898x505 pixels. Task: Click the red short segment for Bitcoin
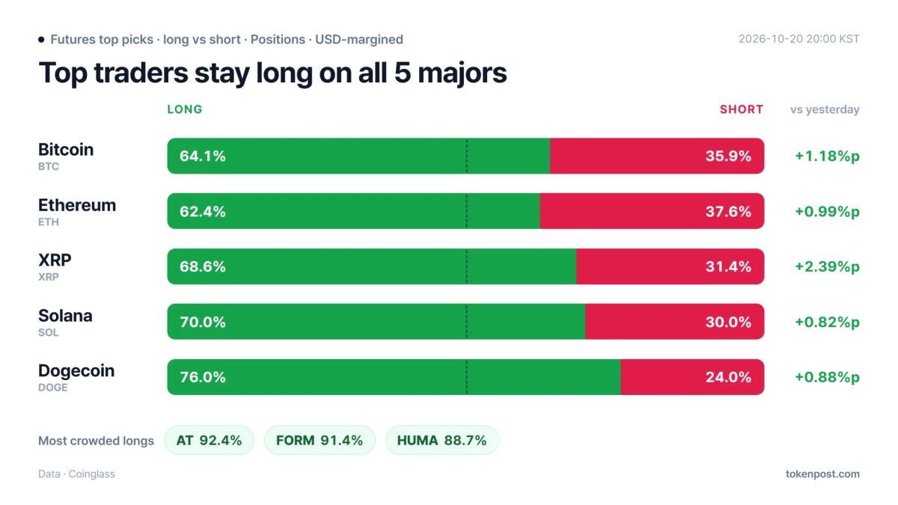click(x=657, y=156)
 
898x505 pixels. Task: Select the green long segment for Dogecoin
click(x=394, y=377)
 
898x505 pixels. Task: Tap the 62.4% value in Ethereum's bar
click(x=203, y=212)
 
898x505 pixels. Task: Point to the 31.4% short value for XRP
click(x=728, y=266)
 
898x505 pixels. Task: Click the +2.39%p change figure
click(x=828, y=267)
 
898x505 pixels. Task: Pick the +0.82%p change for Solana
click(x=828, y=322)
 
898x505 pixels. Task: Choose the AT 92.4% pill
click(x=210, y=441)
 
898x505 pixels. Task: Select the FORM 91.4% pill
click(x=320, y=441)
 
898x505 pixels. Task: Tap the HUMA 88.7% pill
click(x=442, y=441)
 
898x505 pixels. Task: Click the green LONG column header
click(x=185, y=109)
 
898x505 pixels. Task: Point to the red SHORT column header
click(x=742, y=109)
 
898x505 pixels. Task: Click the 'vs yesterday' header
click(x=825, y=110)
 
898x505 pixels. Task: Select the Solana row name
click(x=65, y=316)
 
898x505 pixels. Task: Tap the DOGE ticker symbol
click(x=53, y=388)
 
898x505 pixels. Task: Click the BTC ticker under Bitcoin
click(x=49, y=166)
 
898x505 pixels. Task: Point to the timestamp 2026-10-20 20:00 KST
click(x=799, y=39)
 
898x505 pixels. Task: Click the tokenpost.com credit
click(x=822, y=474)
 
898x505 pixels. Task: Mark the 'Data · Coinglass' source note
click(x=76, y=474)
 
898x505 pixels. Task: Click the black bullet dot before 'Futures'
click(x=41, y=39)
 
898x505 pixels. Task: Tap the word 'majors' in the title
click(x=462, y=73)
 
